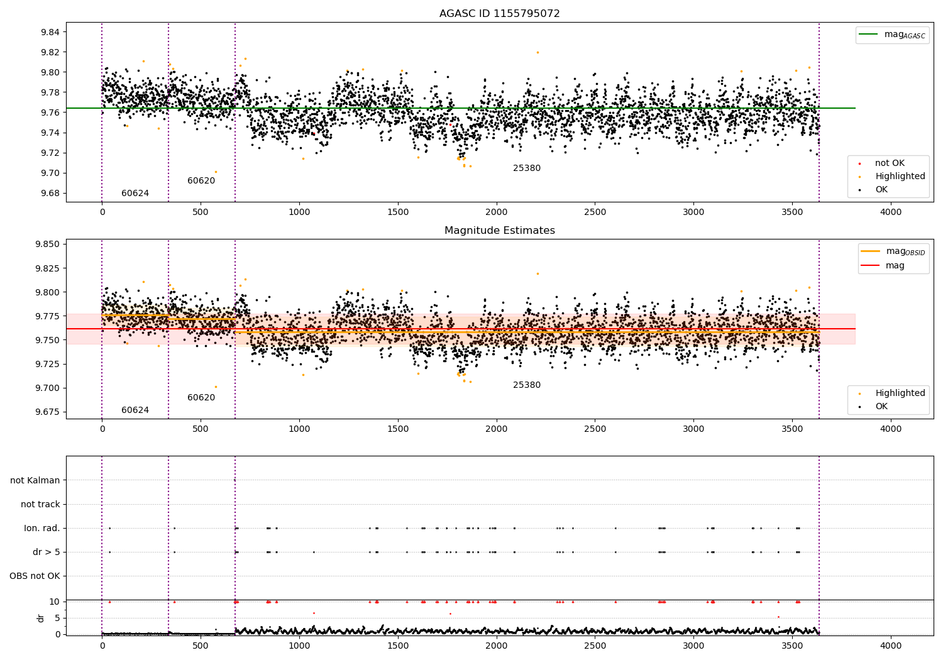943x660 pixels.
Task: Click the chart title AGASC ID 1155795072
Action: [499, 14]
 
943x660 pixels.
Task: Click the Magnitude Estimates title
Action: [499, 231]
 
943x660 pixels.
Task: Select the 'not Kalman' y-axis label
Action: [35, 480]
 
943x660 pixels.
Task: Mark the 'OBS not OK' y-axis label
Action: [35, 576]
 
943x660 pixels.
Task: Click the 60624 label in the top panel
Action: [135, 194]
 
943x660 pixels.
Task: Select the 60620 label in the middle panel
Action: [201, 398]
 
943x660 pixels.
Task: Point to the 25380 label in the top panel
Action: [527, 168]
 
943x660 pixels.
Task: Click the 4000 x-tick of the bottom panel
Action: [890, 646]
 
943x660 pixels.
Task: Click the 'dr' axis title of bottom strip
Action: [41, 618]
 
